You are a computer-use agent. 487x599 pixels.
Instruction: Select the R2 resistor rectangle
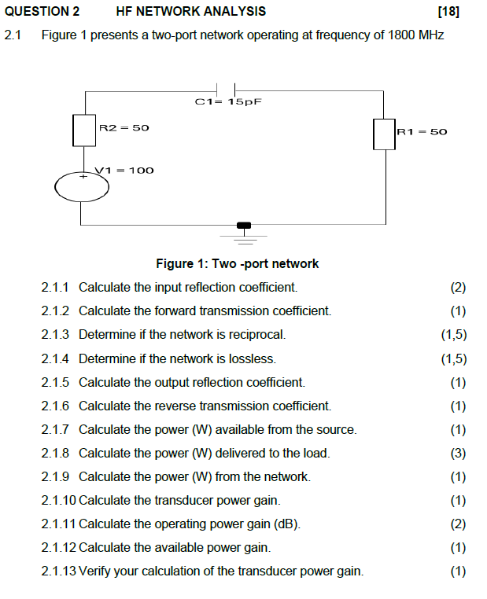pos(84,130)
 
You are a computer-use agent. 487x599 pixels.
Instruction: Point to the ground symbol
pos(244,229)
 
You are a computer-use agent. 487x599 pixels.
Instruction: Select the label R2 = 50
pos(124,127)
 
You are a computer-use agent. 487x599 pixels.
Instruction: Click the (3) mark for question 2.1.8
pos(458,453)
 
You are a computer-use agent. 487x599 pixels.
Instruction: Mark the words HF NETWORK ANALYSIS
pos(190,11)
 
